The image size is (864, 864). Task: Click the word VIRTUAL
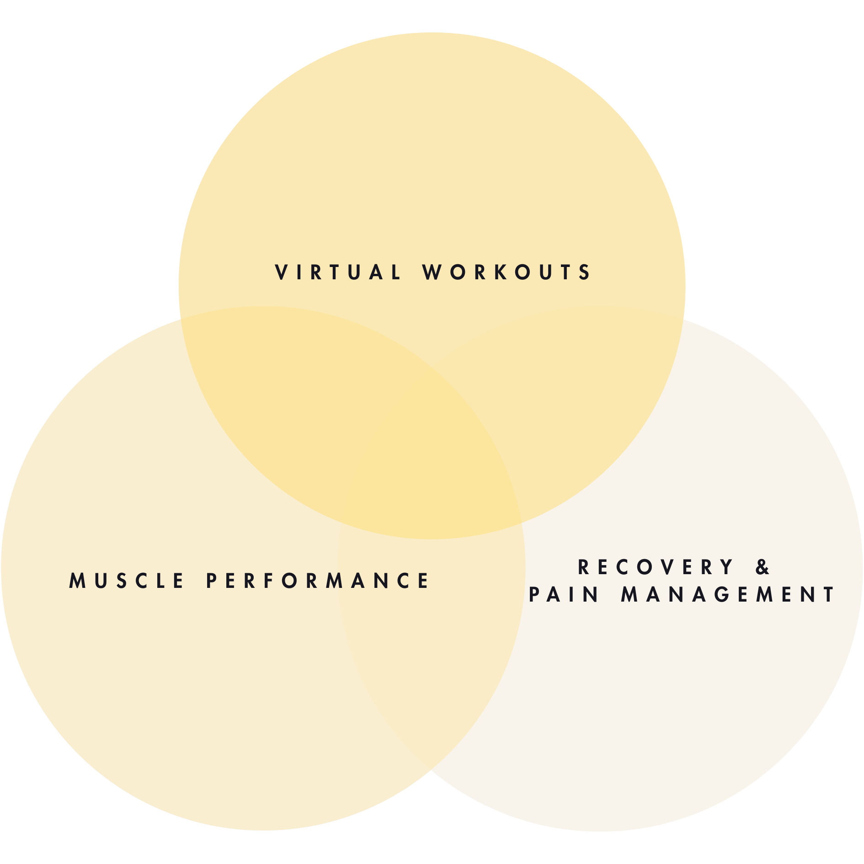[x=338, y=272]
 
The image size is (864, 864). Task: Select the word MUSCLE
[x=126, y=581]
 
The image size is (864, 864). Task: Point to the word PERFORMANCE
[x=317, y=581]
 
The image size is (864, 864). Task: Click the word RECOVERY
[x=656, y=567]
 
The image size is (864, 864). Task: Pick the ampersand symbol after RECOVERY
[x=763, y=567]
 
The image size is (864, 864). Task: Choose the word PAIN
[x=564, y=595]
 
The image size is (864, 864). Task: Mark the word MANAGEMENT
[x=728, y=595]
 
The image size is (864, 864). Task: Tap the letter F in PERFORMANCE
[x=268, y=581]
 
